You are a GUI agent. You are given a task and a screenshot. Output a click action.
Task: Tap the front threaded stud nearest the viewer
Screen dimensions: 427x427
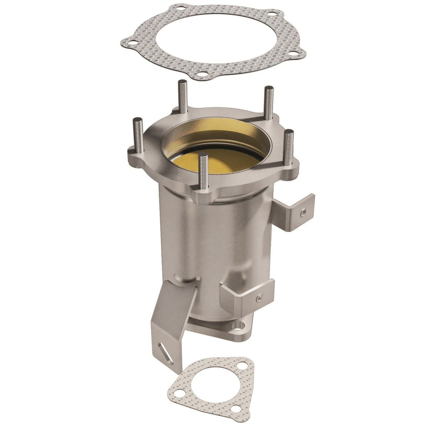pos(204,171)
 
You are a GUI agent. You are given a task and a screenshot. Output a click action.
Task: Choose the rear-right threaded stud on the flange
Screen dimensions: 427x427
pos(267,103)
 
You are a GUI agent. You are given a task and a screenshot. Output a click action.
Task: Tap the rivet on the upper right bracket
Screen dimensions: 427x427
pos(302,212)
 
